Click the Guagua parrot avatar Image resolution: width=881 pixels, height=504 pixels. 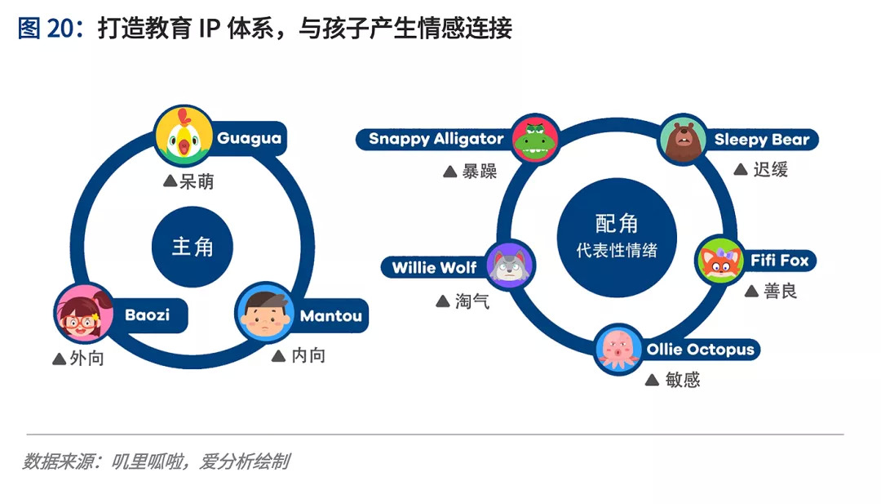(x=184, y=137)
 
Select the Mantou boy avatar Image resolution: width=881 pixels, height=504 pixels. (x=265, y=314)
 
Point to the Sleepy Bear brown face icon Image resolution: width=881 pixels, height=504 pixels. (x=684, y=139)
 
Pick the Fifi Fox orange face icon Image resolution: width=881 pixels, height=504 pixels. (x=719, y=261)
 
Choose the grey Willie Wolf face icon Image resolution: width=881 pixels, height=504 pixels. (x=511, y=266)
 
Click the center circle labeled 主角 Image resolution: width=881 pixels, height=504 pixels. (x=193, y=247)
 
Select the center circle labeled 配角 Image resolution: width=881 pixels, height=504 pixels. (x=616, y=235)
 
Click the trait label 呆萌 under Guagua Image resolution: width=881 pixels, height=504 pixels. (x=197, y=181)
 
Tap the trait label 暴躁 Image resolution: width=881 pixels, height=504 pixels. (x=479, y=172)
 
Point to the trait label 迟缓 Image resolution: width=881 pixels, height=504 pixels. (x=770, y=169)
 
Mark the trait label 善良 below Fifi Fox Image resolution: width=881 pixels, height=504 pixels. (x=780, y=291)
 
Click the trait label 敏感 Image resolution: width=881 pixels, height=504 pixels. (x=681, y=380)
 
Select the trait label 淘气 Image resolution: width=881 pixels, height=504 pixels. (x=471, y=301)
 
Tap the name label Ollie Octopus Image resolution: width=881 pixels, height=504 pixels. (x=701, y=350)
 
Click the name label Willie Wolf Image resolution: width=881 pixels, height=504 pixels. (x=434, y=267)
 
